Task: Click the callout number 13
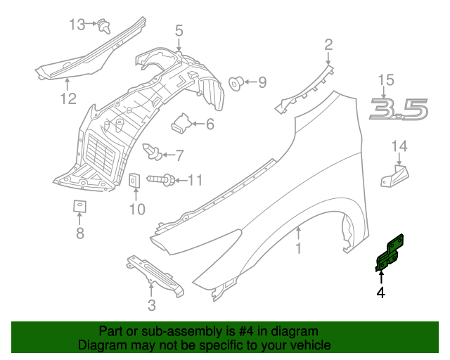76,25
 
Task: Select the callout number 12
67,99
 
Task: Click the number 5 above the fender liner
179,30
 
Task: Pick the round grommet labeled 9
237,83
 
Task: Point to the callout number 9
262,83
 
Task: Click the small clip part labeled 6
181,124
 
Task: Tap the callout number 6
209,124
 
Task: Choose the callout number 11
194,181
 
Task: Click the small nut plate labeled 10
136,181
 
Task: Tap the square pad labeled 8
79,206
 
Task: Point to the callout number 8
79,233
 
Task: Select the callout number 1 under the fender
298,248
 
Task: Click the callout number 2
328,46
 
